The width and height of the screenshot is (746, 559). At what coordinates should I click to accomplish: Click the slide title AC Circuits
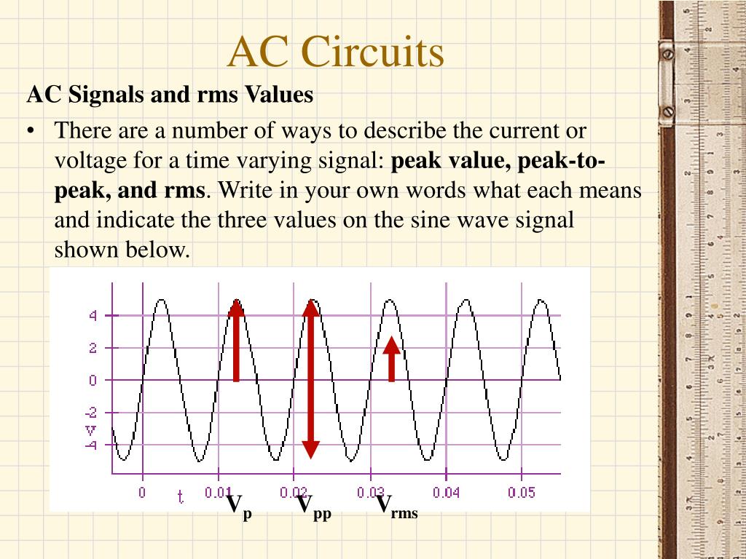[x=335, y=52]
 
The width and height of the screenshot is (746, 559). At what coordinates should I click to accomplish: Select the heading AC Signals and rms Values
[x=170, y=95]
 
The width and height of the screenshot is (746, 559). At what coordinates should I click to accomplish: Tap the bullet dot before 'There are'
[x=31, y=132]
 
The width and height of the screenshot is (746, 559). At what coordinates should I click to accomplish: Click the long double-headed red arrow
[x=311, y=378]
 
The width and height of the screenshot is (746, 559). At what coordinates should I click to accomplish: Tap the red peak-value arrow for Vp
[x=236, y=341]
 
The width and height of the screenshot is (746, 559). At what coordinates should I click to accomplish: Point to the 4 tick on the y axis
[x=93, y=316]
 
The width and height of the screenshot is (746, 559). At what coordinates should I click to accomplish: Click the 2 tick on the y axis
[x=93, y=348]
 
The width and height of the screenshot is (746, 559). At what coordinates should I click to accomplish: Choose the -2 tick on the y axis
[x=91, y=413]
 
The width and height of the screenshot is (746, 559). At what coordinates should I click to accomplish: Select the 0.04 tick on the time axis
[x=446, y=493]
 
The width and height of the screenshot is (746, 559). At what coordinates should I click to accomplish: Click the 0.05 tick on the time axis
[x=522, y=493]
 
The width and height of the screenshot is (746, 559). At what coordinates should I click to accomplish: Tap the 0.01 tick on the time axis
[x=218, y=493]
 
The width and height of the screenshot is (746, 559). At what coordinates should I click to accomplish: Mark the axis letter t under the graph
[x=180, y=496]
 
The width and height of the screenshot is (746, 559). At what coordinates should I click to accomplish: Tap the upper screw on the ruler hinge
[x=666, y=54]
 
